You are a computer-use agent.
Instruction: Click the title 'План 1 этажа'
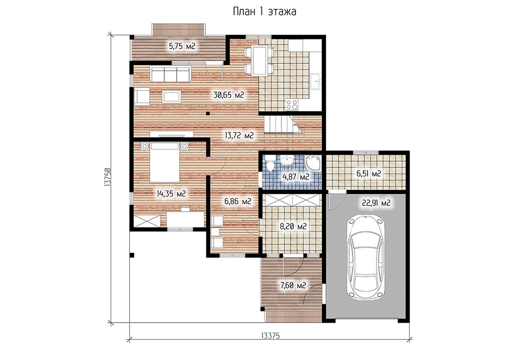(x=264, y=12)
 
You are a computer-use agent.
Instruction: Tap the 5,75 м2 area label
(x=182, y=46)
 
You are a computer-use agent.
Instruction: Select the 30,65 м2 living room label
(x=228, y=95)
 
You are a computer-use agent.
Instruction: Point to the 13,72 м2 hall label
(x=239, y=136)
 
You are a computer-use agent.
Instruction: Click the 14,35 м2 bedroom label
(x=171, y=193)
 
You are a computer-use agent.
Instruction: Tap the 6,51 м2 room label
(x=369, y=174)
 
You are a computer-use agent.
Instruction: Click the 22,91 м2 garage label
(x=376, y=203)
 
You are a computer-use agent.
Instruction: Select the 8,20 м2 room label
(x=293, y=226)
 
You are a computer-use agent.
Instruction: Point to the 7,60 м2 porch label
(x=293, y=286)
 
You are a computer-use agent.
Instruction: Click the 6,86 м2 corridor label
(x=238, y=202)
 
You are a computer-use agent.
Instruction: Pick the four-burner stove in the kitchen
(x=292, y=104)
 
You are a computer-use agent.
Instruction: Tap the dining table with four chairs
(x=259, y=61)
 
